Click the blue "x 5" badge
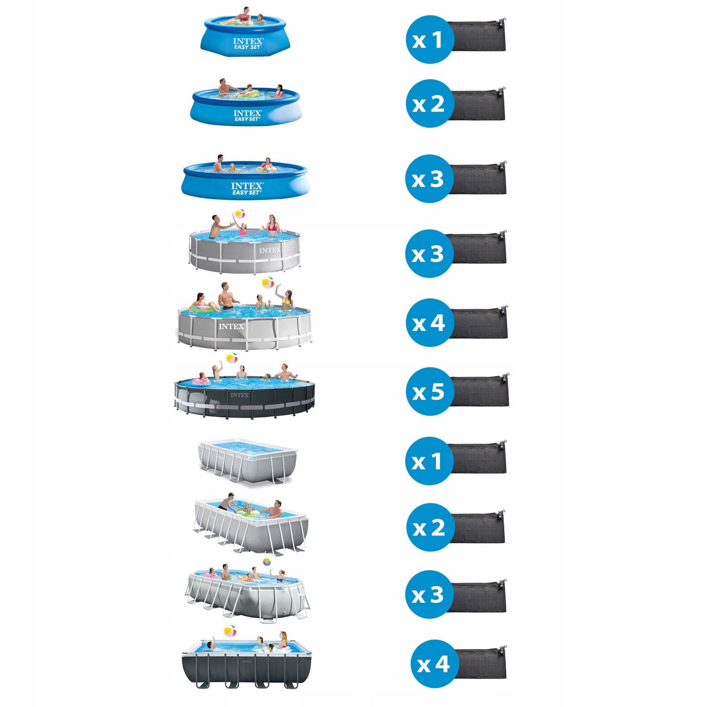[429, 392]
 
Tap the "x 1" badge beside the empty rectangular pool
[429, 461]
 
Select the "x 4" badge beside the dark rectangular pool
[434, 664]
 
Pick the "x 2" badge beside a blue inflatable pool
[429, 104]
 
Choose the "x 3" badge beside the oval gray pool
[429, 595]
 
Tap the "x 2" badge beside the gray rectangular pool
[429, 527]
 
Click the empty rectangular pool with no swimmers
[247, 460]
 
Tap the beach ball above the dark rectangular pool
[230, 631]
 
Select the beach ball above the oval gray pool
[267, 562]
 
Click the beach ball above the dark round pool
[232, 358]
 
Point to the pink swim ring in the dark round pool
[201, 381]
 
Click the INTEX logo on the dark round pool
[240, 395]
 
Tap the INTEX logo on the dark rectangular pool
[247, 662]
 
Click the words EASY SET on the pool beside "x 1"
[247, 47]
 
